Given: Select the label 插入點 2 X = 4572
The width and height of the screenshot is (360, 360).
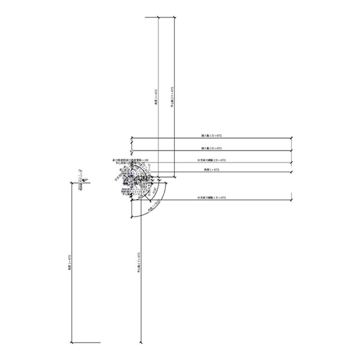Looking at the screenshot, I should (x=211, y=148).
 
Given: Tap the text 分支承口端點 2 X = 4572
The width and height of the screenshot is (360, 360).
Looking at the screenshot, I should (x=212, y=160).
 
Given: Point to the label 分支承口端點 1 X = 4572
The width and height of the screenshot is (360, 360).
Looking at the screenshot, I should (x=212, y=197).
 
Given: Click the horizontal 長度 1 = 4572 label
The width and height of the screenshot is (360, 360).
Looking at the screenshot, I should (x=212, y=170).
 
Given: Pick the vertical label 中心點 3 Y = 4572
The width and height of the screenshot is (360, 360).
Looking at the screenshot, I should (x=172, y=97).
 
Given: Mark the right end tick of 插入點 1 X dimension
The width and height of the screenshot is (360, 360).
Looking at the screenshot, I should (x=292, y=139).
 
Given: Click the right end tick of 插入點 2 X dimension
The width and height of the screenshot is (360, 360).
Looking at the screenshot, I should (x=292, y=151).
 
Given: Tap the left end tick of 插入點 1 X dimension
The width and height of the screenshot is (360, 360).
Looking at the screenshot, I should (x=131, y=139).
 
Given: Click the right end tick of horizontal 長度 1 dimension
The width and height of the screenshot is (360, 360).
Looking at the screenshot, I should (x=292, y=173).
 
